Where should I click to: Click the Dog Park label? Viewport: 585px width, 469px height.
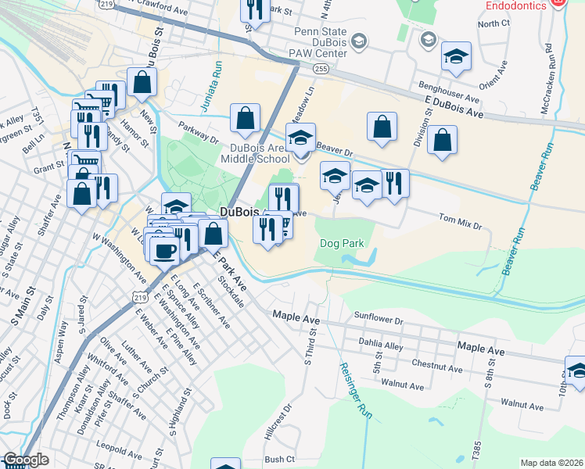(343, 243)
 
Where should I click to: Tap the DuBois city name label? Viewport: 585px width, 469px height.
(240, 212)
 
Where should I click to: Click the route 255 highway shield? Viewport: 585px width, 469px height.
(321, 70)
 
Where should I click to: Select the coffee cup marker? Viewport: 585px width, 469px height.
(164, 250)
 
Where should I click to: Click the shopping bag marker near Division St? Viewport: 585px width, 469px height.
(442, 141)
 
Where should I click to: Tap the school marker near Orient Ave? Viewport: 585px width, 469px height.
(456, 57)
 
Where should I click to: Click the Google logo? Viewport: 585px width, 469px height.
(25, 460)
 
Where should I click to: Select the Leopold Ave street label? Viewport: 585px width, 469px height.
(103, 452)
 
